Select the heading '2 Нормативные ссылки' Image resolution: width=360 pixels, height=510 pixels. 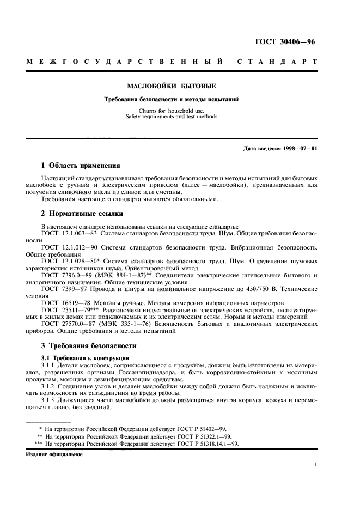82,214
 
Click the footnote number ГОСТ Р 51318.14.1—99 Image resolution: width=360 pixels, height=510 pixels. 198,444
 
